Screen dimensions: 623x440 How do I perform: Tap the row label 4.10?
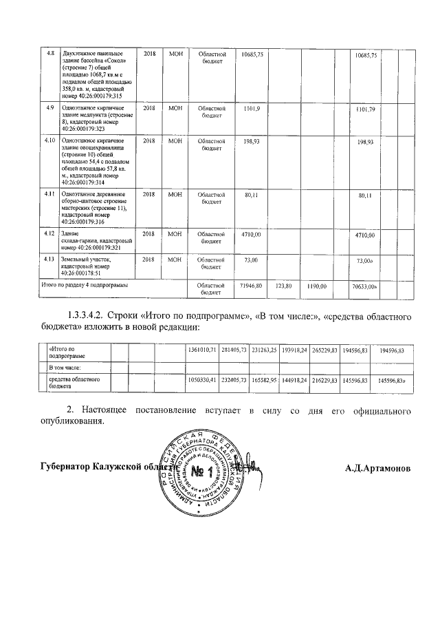tap(49, 140)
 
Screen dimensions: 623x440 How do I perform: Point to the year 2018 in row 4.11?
tap(149, 196)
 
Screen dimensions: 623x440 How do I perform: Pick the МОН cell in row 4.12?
tap(175, 234)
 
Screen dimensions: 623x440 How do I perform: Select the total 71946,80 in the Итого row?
tap(247, 284)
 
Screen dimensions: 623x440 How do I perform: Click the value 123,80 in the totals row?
tap(284, 284)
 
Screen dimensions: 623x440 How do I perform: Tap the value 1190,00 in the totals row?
tap(316, 284)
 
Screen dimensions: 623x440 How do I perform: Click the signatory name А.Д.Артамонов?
tap(378, 469)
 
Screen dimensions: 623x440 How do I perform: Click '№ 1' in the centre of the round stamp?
tap(201, 472)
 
